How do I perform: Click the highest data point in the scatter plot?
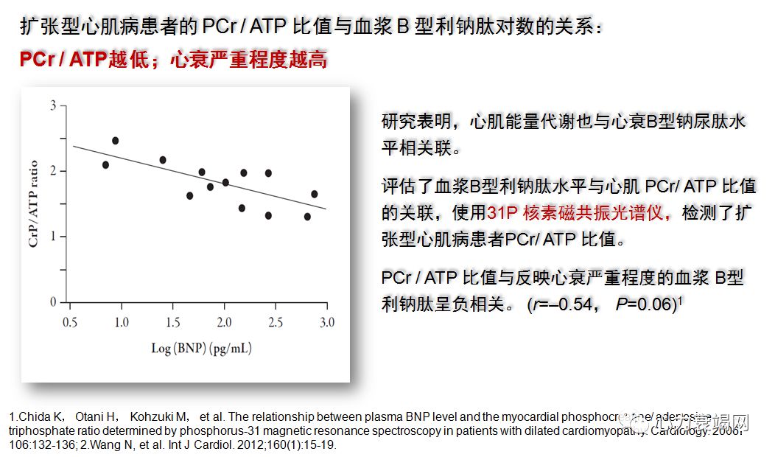115,141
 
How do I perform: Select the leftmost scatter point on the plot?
105,165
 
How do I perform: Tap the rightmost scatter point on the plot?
315,194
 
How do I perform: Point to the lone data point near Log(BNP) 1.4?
163,160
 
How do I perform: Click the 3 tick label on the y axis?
53,105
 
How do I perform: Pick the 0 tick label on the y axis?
53,302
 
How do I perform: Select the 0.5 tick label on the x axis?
71,322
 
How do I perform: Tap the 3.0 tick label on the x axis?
326,322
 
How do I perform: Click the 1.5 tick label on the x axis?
173,322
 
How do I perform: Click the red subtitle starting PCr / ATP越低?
173,60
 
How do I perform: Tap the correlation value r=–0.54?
561,304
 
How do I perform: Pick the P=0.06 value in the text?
645,304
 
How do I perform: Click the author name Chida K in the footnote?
33,418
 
